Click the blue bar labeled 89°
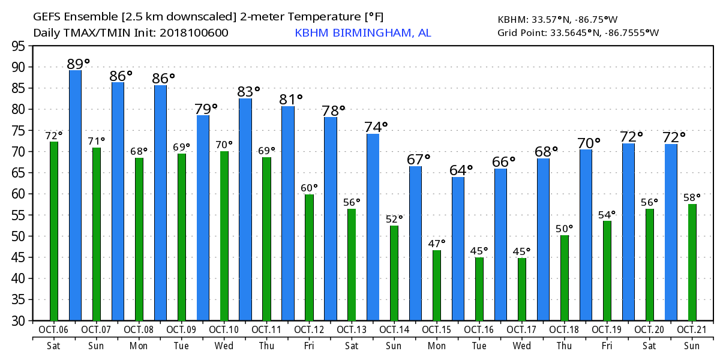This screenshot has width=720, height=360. point(75,195)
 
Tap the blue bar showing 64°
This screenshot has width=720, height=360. point(458,248)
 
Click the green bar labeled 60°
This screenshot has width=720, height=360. point(309,257)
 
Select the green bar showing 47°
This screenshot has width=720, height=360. point(437,285)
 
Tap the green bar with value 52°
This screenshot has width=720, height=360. point(394,273)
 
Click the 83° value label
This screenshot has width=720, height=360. point(249,92)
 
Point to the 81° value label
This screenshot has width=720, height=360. point(291,99)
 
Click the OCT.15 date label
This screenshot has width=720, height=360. point(437,330)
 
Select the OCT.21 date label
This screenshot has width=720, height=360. point(692,330)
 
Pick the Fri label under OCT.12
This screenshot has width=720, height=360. point(309,346)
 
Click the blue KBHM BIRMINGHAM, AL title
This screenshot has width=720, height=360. point(363,32)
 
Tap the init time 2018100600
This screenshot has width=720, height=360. point(194,32)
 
